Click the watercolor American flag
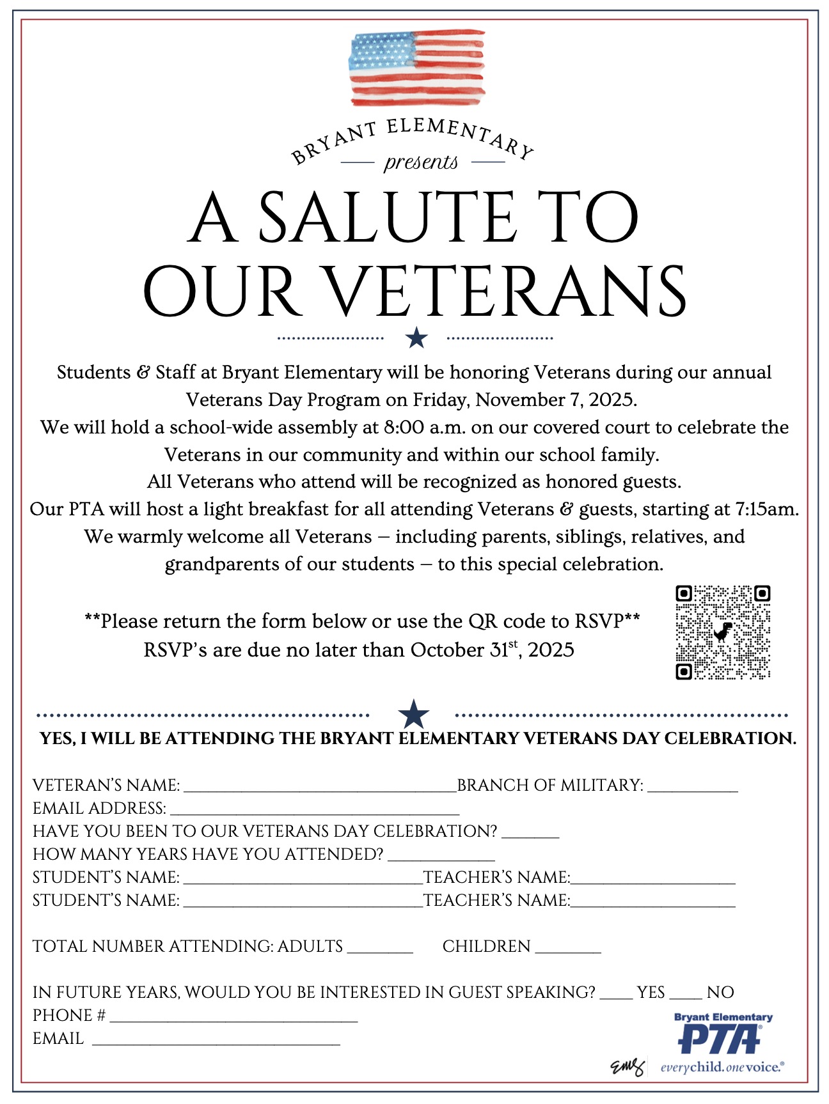(x=416, y=67)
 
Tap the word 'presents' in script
(x=421, y=162)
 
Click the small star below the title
(x=416, y=337)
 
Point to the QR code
(x=723, y=632)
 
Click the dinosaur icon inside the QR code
(x=723, y=632)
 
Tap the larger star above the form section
(x=413, y=714)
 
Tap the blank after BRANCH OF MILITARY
(x=693, y=789)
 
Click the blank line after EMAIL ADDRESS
(x=315, y=812)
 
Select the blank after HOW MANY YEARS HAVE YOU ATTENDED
(x=441, y=858)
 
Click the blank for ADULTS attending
(x=380, y=950)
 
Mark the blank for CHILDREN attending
(x=568, y=950)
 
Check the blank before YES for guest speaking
(x=616, y=996)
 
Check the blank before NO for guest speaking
(x=686, y=996)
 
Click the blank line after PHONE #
(x=233, y=1019)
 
